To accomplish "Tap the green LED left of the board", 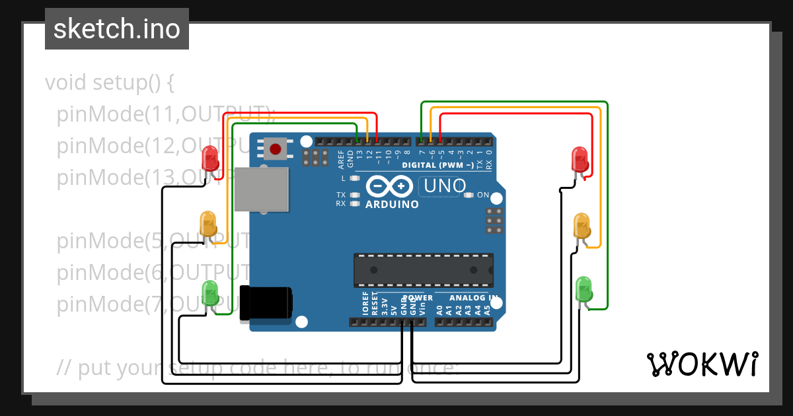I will pos(210,293).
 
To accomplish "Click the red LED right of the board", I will pos(580,159).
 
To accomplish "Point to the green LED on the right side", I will pos(584,289).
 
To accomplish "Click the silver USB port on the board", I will pos(262,190).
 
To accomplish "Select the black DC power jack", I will pos(266,303).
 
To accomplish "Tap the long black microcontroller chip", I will pos(423,269).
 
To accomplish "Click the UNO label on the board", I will pos(445,186).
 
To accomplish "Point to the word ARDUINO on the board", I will pos(392,205).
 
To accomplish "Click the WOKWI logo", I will pos(702,364).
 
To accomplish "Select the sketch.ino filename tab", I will pos(117,29).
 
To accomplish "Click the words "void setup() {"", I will pos(110,83).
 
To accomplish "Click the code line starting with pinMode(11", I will pos(165,114).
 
